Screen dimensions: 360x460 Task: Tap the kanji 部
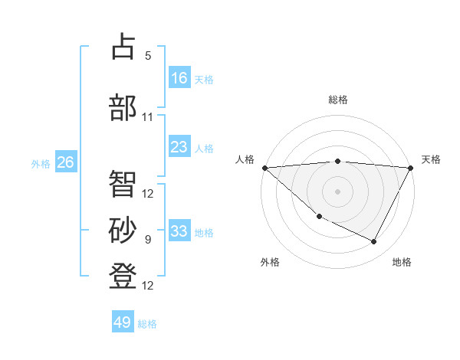click(x=123, y=106)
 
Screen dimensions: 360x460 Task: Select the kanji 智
click(x=123, y=183)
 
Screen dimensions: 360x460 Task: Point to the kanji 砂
click(x=123, y=230)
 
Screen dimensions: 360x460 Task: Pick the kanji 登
click(x=123, y=275)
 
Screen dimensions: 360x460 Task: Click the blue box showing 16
click(x=179, y=77)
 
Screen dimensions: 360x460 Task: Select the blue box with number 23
click(x=179, y=147)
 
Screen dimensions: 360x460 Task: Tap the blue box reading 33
click(x=179, y=231)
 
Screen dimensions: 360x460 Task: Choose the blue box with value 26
click(x=66, y=162)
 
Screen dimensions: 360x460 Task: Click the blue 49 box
click(x=123, y=322)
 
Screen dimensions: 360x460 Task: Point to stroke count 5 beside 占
click(x=148, y=55)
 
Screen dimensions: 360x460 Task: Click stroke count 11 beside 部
click(x=148, y=117)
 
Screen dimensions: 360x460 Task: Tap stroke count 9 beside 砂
click(x=148, y=240)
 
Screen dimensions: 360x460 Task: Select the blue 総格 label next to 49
click(x=147, y=324)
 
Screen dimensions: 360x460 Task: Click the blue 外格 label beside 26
click(x=41, y=164)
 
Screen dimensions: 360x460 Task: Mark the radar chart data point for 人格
click(x=264, y=168)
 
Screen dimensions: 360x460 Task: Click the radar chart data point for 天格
click(x=411, y=168)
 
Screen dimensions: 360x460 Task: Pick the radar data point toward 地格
click(x=374, y=242)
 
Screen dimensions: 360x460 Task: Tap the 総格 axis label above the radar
click(x=338, y=100)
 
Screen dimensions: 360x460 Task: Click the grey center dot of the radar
click(x=338, y=191)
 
